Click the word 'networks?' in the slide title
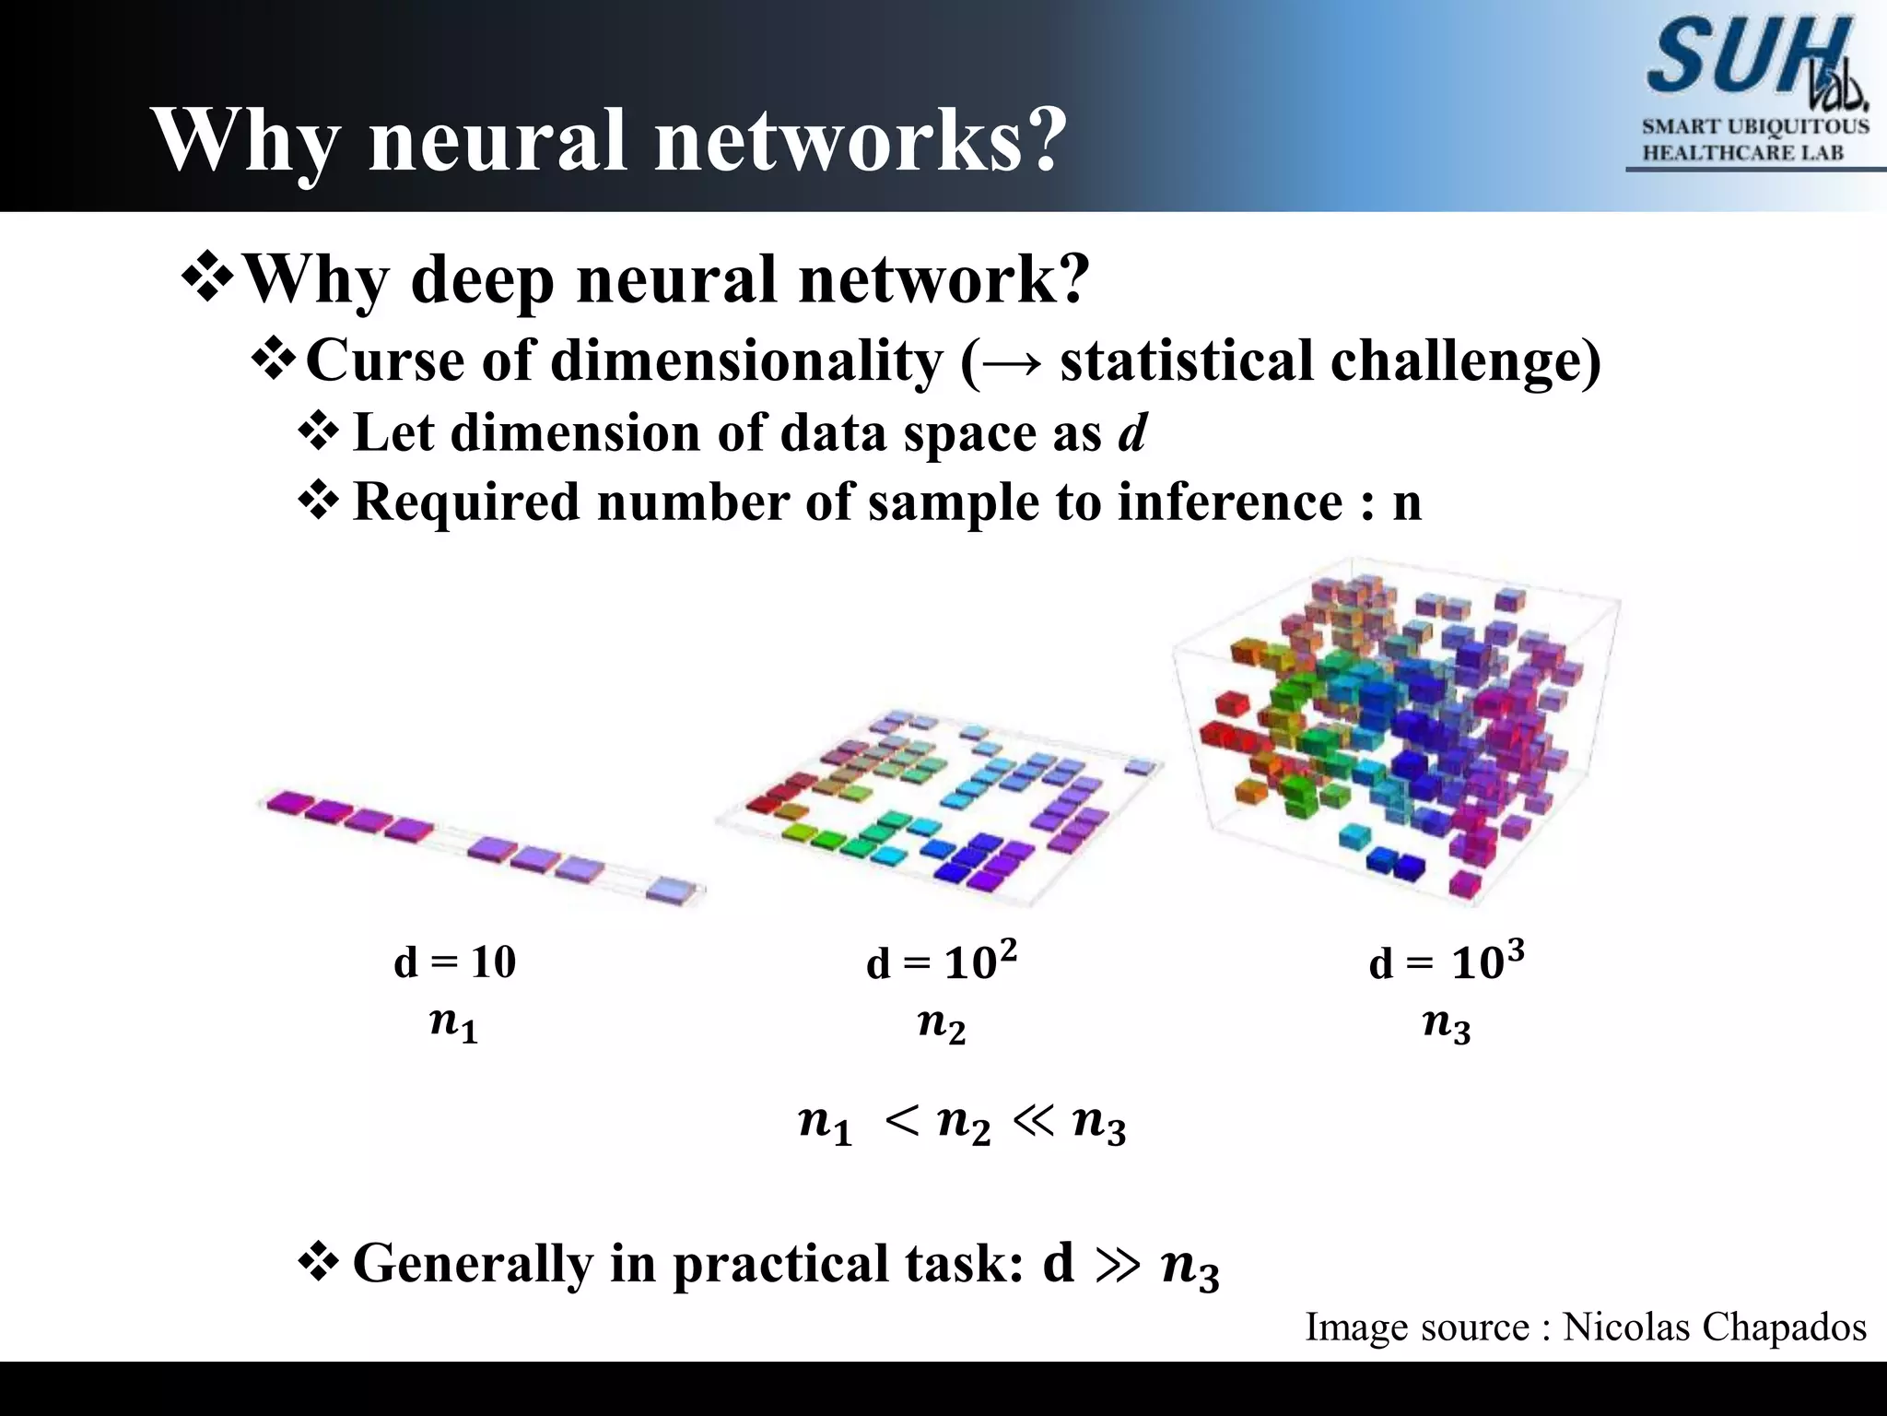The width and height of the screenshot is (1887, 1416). coord(861,140)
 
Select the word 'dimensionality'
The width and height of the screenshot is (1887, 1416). coord(747,360)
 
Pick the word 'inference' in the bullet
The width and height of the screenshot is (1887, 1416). coord(1229,502)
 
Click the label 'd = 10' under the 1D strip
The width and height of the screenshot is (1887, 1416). coord(454,962)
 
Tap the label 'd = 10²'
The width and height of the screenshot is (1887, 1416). coord(942,962)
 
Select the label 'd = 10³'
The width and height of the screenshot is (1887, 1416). coord(1447,962)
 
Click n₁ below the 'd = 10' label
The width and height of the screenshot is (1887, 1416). coord(453,1024)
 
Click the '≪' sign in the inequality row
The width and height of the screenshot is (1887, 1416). coord(1033,1121)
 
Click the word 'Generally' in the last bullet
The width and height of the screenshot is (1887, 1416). coord(473,1263)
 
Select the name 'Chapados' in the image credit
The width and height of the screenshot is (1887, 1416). coord(1784,1327)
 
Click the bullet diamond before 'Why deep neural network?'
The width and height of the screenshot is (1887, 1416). coord(209,278)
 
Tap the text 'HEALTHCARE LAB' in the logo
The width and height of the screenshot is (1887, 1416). coord(1743,153)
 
